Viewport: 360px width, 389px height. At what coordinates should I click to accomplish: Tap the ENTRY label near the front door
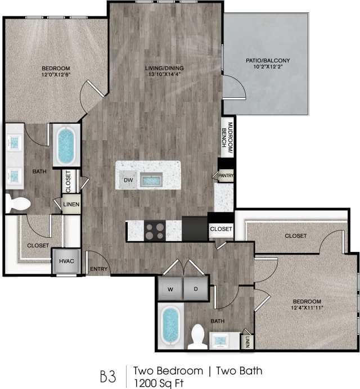point(99,269)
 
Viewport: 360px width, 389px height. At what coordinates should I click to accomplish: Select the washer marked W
point(170,289)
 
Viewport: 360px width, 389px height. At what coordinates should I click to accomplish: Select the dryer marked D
point(196,289)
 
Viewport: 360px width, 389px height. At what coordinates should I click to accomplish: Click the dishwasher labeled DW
point(128,180)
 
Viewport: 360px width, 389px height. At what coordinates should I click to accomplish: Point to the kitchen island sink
point(151,180)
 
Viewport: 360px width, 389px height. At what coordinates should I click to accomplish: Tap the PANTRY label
point(227,176)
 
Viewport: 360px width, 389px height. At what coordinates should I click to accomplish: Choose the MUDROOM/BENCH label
point(227,138)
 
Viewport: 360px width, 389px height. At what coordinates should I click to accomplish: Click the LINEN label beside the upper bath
point(71,205)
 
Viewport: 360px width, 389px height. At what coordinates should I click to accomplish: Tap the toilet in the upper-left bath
point(17,203)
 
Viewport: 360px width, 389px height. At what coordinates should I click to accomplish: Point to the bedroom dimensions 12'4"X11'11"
point(307,307)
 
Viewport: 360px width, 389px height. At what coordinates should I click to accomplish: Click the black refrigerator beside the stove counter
point(195,229)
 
